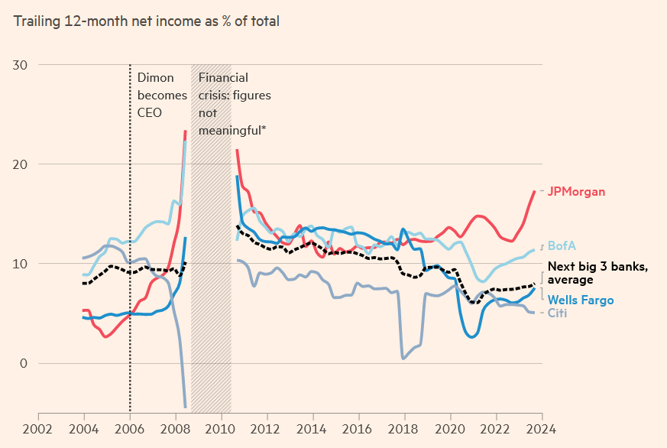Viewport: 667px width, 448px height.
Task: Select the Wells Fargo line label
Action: (x=581, y=300)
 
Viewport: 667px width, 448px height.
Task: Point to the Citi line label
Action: (x=558, y=313)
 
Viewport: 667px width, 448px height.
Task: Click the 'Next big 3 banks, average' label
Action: (x=598, y=273)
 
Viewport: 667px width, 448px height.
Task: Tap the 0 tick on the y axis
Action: (x=23, y=363)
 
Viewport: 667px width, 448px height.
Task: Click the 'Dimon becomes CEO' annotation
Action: (x=161, y=95)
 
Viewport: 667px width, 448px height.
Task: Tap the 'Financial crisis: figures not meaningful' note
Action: (x=234, y=104)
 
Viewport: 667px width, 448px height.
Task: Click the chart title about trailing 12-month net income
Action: (x=147, y=21)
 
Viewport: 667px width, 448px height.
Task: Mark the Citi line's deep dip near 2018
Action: (x=403, y=358)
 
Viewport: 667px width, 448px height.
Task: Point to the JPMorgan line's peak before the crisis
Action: (x=185, y=131)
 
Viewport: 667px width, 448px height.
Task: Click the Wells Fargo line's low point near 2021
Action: (x=472, y=336)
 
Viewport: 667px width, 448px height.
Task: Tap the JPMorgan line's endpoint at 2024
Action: (x=534, y=191)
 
